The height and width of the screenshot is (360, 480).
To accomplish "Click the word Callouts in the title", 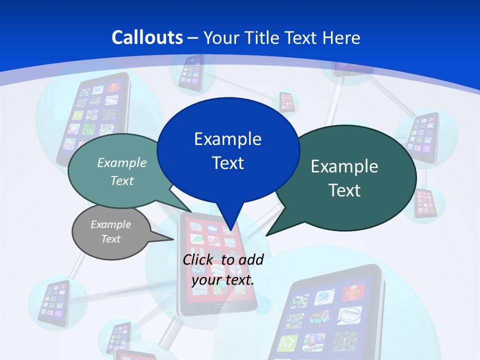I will [x=147, y=37].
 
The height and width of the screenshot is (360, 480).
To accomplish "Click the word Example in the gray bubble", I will [x=110, y=224].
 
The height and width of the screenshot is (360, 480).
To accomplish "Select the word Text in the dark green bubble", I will [x=344, y=190].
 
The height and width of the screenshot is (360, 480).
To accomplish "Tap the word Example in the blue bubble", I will [x=227, y=139].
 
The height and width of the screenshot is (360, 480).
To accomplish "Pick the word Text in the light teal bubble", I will [x=122, y=180].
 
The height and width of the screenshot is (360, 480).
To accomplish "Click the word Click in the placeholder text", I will [x=198, y=259].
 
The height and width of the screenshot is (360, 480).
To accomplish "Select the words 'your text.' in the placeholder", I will [x=222, y=280].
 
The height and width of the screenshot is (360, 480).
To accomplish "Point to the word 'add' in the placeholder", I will [x=251, y=259].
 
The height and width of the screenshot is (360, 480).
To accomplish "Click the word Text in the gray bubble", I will [x=110, y=239].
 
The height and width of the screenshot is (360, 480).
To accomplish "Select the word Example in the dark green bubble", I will [x=344, y=166].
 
